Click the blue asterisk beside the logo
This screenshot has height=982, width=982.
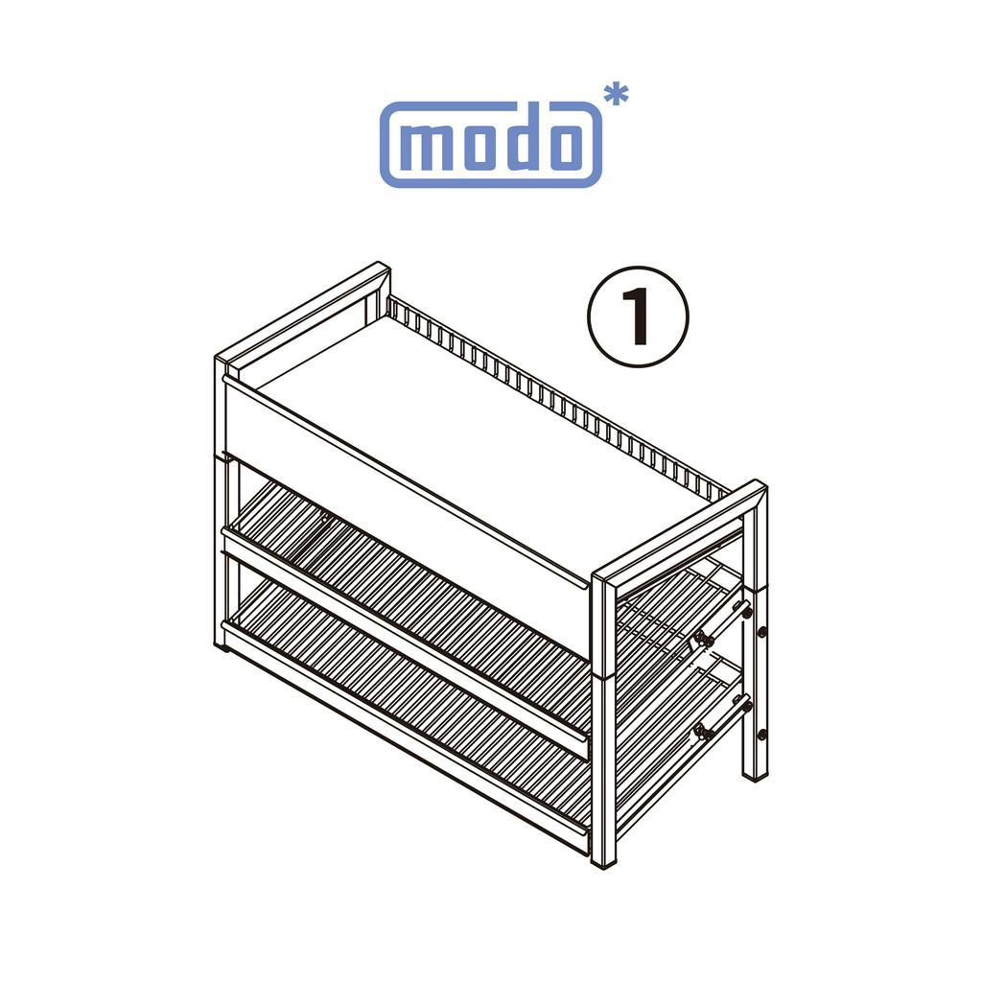click(616, 96)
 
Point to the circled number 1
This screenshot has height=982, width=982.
click(638, 316)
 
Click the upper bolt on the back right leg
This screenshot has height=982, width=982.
click(761, 632)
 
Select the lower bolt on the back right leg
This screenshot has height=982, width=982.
click(761, 734)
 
